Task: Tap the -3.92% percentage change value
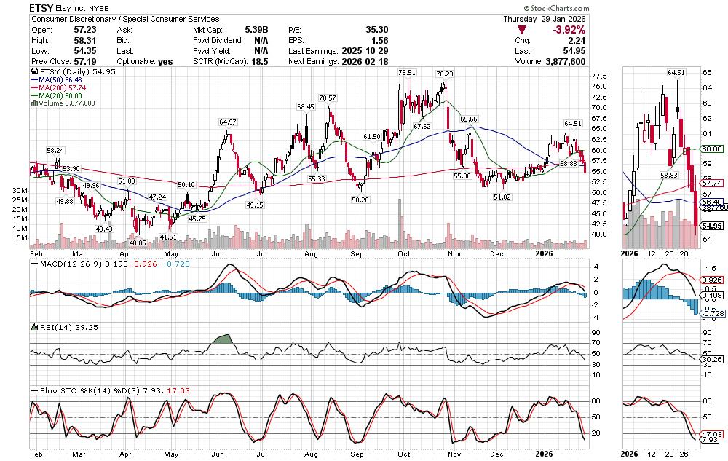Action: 567,30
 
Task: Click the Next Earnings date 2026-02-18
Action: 367,62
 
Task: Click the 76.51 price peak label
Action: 407,73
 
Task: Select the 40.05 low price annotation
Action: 138,243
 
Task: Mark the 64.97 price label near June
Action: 228,122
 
